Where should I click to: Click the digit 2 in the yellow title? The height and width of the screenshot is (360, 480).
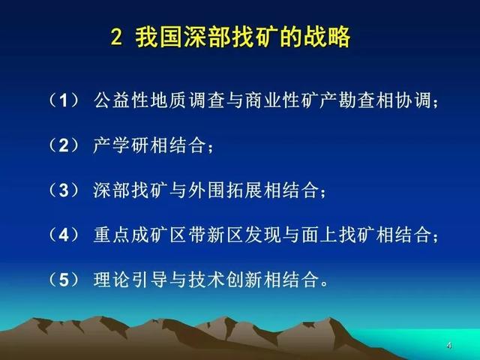(116, 37)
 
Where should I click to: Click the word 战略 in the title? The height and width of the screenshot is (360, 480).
(327, 37)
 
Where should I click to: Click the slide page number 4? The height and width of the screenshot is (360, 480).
(449, 346)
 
